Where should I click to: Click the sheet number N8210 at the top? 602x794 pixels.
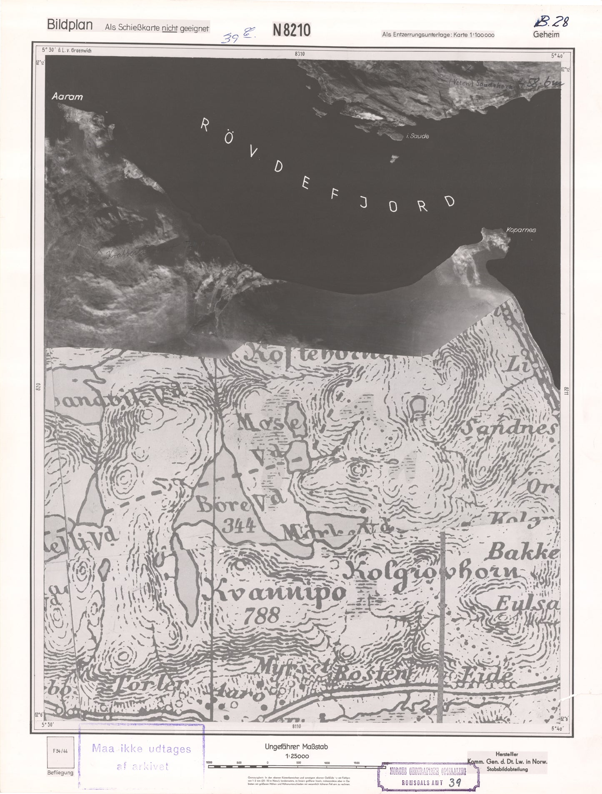[x=292, y=30]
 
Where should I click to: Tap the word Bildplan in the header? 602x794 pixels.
[x=70, y=25]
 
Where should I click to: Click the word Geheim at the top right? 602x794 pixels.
[x=546, y=35]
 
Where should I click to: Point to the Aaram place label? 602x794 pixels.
[x=67, y=97]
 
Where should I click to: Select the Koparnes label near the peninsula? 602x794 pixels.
[x=521, y=230]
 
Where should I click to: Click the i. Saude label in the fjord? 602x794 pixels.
[x=417, y=136]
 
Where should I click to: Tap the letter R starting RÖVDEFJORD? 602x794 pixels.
[x=205, y=124]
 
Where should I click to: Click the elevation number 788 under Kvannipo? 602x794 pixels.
[x=262, y=615]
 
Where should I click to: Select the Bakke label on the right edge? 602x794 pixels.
[x=523, y=552]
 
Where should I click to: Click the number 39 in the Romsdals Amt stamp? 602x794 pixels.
[x=455, y=782]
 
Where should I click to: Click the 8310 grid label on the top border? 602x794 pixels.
[x=299, y=54]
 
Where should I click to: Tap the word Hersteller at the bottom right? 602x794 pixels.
[x=507, y=754]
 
